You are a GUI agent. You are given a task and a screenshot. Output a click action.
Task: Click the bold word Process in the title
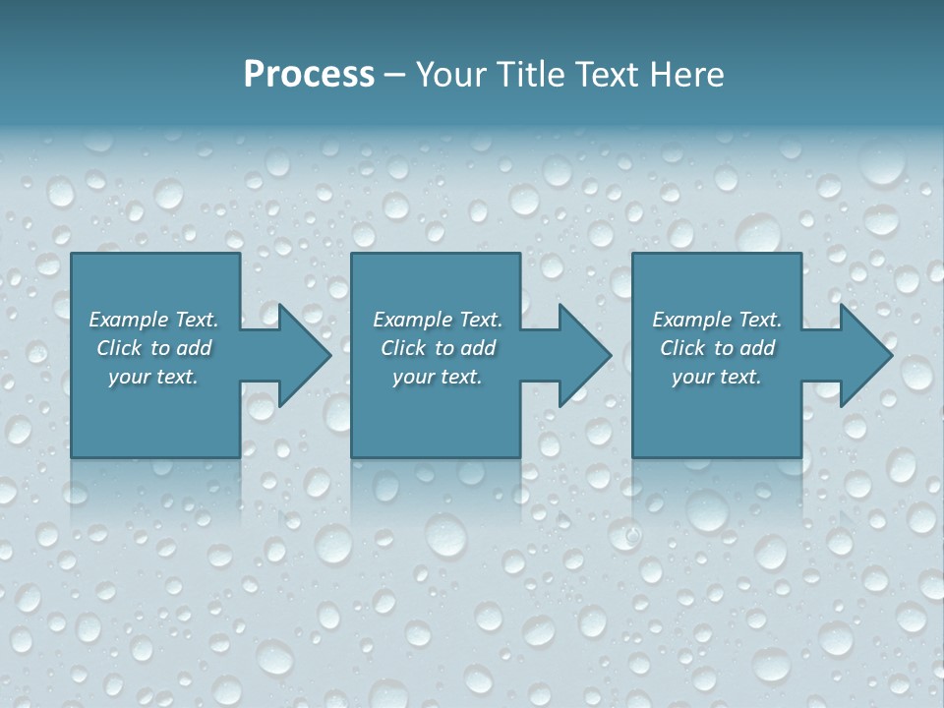(x=309, y=75)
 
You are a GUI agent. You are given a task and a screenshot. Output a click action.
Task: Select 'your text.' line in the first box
(x=153, y=377)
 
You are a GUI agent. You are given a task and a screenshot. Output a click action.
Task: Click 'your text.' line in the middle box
(x=438, y=377)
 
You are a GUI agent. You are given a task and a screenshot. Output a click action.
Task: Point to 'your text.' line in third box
(x=717, y=377)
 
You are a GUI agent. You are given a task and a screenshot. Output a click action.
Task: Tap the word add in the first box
(x=194, y=348)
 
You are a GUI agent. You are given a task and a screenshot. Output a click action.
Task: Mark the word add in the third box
(x=757, y=348)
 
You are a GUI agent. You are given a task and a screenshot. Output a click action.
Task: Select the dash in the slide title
(x=393, y=75)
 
